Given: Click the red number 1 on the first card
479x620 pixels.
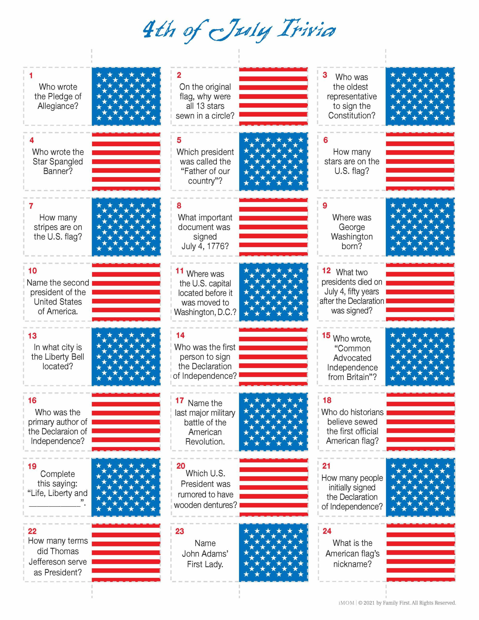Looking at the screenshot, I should pyautogui.click(x=31, y=76).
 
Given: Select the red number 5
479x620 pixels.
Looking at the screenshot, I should pyautogui.click(x=179, y=140).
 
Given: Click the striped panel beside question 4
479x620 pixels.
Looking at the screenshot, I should pyautogui.click(x=126, y=161).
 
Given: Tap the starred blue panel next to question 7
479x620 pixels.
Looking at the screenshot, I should pyautogui.click(x=126, y=227).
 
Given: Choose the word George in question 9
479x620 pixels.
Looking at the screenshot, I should pyautogui.click(x=352, y=227).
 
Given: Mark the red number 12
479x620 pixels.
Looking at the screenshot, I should pyautogui.click(x=326, y=271).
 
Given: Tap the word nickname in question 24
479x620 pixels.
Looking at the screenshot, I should pyautogui.click(x=352, y=564).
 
